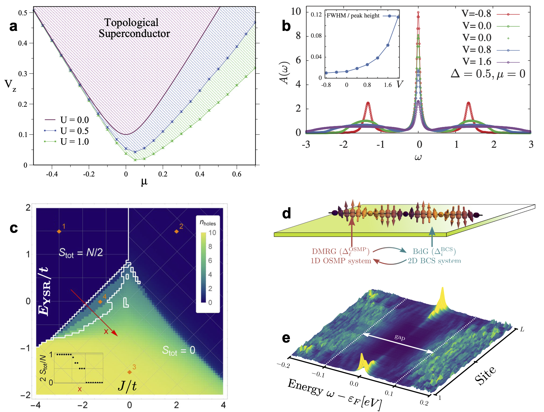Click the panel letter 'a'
13,26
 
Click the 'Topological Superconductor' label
134,28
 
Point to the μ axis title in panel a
144,182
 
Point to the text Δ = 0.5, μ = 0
488,74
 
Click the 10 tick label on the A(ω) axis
296,12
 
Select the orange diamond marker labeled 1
59,232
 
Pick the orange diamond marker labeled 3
129,372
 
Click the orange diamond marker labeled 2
176,232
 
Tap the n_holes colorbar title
208,223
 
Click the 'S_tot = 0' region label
178,351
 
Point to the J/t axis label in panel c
127,386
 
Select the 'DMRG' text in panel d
324,251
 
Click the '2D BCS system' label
434,261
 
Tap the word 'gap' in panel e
400,337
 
